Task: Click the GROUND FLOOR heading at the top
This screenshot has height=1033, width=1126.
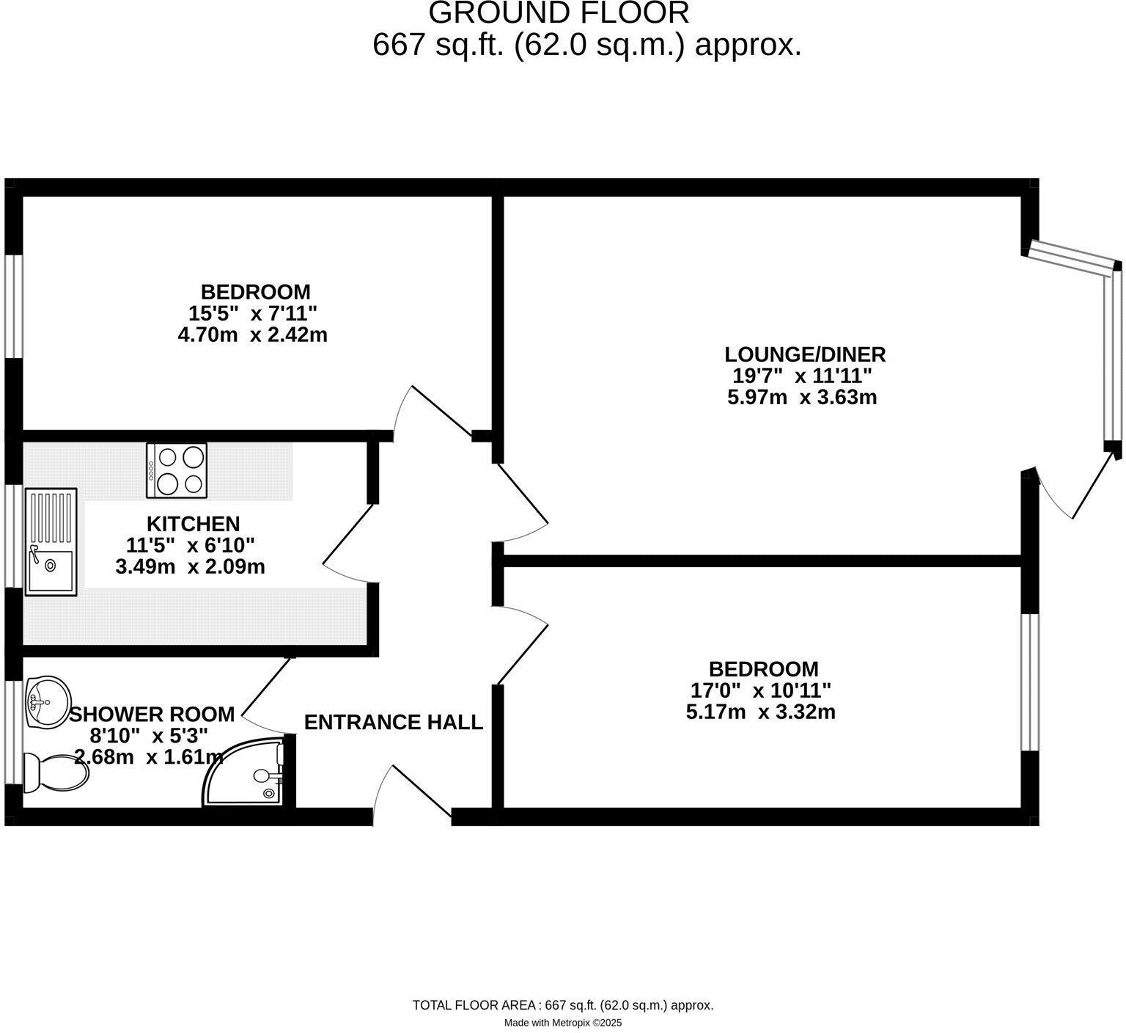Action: coord(559,13)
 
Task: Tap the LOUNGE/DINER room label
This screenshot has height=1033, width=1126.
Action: coord(805,354)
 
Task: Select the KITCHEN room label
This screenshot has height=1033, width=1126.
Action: coord(194,524)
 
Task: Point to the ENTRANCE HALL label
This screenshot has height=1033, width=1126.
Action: coord(393,723)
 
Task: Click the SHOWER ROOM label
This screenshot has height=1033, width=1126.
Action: coord(152,714)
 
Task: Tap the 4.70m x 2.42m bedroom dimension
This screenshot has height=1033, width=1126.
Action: coord(252,335)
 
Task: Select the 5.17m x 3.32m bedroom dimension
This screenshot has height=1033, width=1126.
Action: coord(760,712)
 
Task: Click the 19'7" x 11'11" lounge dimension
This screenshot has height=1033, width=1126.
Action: coord(802,376)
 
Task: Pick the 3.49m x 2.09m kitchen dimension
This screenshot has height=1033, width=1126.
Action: coord(191,566)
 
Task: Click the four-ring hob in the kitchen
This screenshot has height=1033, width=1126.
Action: coord(177,470)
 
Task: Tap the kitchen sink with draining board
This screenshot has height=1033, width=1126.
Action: coord(51,541)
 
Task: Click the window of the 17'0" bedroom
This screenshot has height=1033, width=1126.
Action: coord(1030,682)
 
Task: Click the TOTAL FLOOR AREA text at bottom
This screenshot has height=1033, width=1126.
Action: coord(563,1005)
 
